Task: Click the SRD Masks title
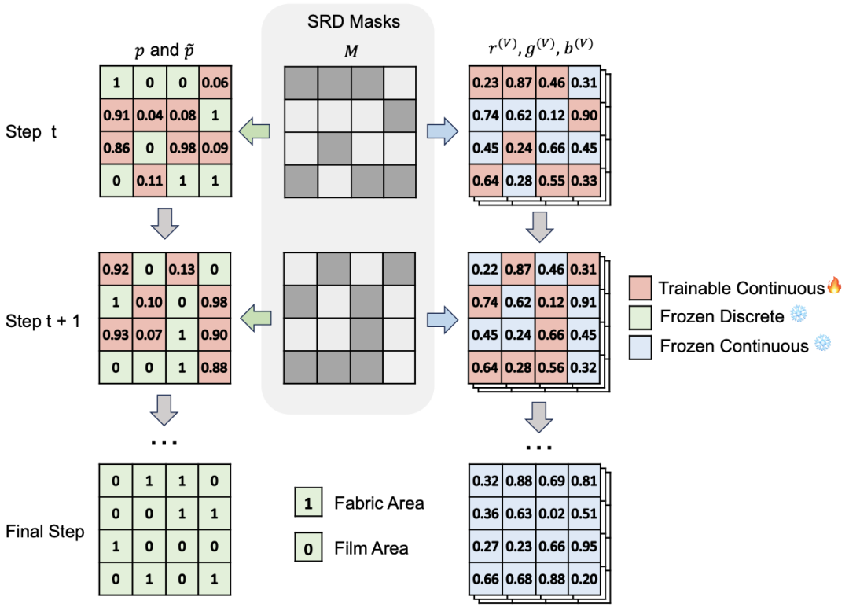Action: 354,22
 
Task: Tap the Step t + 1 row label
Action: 42,321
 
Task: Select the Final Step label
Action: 45,532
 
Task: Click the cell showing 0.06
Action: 215,83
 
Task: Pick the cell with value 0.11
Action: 149,180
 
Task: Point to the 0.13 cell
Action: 182,269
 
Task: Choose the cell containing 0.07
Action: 149,335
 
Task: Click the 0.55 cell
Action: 552,180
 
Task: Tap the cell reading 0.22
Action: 484,269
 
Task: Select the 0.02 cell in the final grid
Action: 552,514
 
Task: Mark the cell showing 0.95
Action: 584,546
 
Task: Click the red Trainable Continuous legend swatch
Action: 640,288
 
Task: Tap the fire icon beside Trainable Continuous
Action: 834,285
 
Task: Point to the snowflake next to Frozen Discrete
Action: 799,314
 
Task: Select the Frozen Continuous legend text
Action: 733,346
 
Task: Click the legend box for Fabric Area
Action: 309,502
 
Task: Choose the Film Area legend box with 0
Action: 309,547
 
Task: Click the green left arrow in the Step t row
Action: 255,131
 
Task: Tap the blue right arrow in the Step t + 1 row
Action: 443,319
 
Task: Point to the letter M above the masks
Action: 351,51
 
